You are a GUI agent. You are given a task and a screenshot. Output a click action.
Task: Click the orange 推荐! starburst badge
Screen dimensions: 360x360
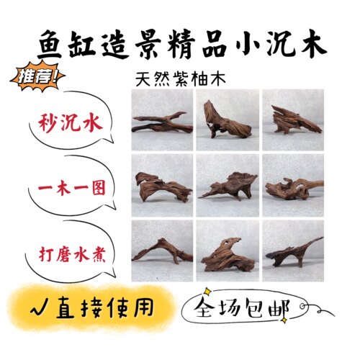tap(37, 76)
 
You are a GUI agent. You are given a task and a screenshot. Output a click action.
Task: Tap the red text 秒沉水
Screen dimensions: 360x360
tap(71, 123)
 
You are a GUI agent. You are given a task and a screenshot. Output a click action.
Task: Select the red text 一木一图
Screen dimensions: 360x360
tap(72, 188)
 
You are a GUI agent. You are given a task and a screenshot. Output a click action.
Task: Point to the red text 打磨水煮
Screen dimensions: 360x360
tap(72, 253)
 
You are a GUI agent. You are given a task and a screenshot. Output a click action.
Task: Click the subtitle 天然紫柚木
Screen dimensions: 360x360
tap(181, 79)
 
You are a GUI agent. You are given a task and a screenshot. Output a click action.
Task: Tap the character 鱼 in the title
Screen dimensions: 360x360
tap(50, 45)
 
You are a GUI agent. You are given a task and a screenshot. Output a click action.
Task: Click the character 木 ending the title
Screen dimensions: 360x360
tap(312, 45)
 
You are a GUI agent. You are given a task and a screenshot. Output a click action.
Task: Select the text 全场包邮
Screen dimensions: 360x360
tap(242, 307)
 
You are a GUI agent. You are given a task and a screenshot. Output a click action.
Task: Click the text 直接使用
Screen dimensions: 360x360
tap(104, 307)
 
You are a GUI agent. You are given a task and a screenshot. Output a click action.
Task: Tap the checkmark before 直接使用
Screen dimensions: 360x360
tap(39, 310)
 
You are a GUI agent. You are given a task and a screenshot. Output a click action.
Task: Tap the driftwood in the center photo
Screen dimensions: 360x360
tap(228, 186)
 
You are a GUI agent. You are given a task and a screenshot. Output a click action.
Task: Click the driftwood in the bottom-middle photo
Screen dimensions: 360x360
tap(227, 255)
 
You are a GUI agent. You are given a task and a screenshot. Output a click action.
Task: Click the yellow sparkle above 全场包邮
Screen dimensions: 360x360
tap(207, 292)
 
